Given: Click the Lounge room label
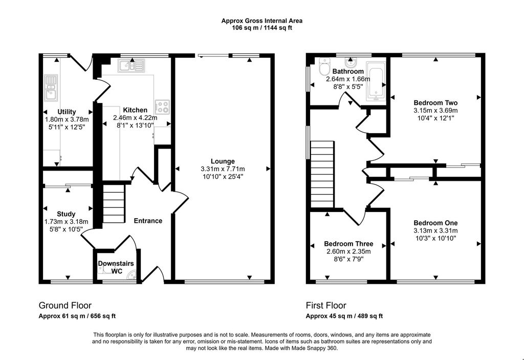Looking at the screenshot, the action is [x=223, y=161].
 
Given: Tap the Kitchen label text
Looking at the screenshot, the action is [x=135, y=110].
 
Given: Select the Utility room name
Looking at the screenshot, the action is [x=67, y=112].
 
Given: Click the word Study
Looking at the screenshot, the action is [x=66, y=214].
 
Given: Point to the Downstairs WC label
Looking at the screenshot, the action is [x=116, y=267].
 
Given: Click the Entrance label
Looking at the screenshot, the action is [x=148, y=221].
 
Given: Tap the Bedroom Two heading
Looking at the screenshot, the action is [x=436, y=103].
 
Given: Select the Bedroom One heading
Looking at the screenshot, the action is [x=436, y=223].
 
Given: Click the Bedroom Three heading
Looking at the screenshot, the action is [x=348, y=244].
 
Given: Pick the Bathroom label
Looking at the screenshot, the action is [x=348, y=72].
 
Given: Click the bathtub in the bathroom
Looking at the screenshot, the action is [x=376, y=81].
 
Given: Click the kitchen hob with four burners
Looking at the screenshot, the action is [x=162, y=107].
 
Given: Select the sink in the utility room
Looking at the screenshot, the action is [x=51, y=88].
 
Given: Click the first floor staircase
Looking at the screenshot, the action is [x=322, y=175].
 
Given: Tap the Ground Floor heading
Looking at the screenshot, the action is [x=65, y=306].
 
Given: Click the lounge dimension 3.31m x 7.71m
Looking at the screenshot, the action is [x=223, y=169].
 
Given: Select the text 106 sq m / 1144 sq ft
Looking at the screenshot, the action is [x=262, y=28].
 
